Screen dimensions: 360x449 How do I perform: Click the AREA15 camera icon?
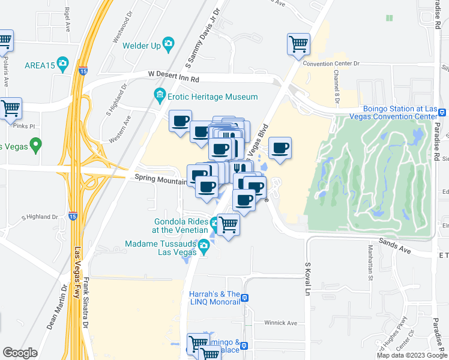[x=63, y=65]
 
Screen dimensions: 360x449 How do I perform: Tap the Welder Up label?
[x=142, y=45]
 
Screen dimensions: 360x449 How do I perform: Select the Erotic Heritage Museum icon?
[x=160, y=96]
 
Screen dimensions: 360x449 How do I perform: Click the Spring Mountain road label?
[x=157, y=178]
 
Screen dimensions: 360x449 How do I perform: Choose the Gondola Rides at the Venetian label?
[x=179, y=226]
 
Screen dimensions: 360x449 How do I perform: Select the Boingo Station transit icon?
[x=442, y=112]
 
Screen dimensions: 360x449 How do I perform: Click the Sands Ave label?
[x=394, y=245]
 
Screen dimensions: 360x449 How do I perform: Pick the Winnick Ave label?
[x=280, y=323]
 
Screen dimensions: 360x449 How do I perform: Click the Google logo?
[x=20, y=353]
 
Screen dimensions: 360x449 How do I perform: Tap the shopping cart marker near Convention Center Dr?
[x=298, y=44]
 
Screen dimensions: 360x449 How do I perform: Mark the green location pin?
[x=35, y=145]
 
